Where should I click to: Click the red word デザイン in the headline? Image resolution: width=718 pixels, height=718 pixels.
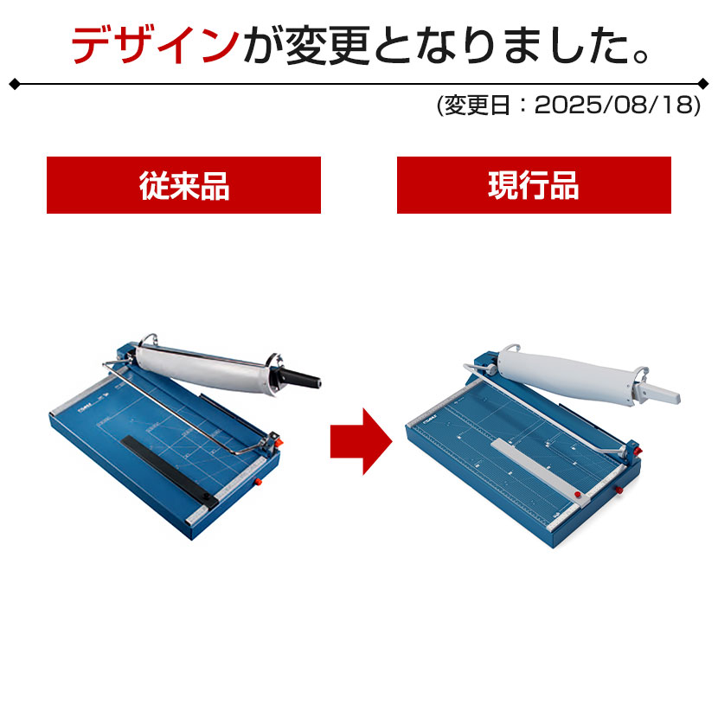click(156, 45)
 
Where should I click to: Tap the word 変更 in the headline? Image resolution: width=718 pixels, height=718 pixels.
click(328, 45)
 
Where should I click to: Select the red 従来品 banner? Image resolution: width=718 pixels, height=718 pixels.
click(183, 185)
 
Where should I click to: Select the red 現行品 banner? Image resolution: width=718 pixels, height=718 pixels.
click(534, 185)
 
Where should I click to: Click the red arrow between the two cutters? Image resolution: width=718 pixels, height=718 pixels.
click(362, 441)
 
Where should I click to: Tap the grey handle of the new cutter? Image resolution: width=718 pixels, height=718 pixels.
click(658, 393)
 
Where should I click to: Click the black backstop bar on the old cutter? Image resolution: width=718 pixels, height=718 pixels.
click(170, 471)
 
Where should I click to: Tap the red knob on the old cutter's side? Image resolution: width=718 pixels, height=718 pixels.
click(258, 481)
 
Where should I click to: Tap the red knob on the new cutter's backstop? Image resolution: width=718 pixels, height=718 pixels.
click(578, 495)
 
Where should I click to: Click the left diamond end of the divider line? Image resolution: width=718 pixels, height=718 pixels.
click(15, 84)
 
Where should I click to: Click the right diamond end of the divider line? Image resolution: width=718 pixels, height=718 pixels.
click(703, 84)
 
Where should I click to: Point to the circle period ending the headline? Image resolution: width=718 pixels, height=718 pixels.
click(641, 56)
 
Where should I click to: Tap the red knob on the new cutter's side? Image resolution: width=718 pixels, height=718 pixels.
click(619, 490)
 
